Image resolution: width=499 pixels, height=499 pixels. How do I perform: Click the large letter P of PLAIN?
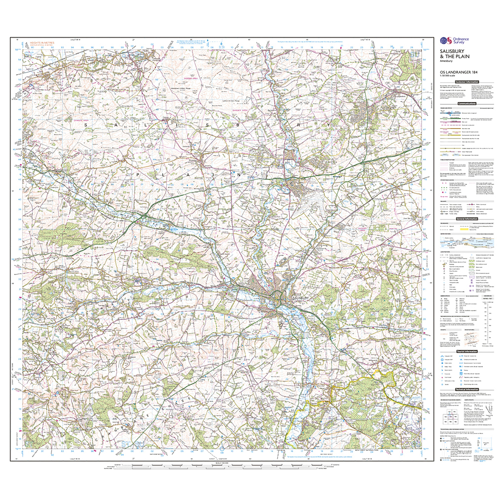point(138,175)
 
